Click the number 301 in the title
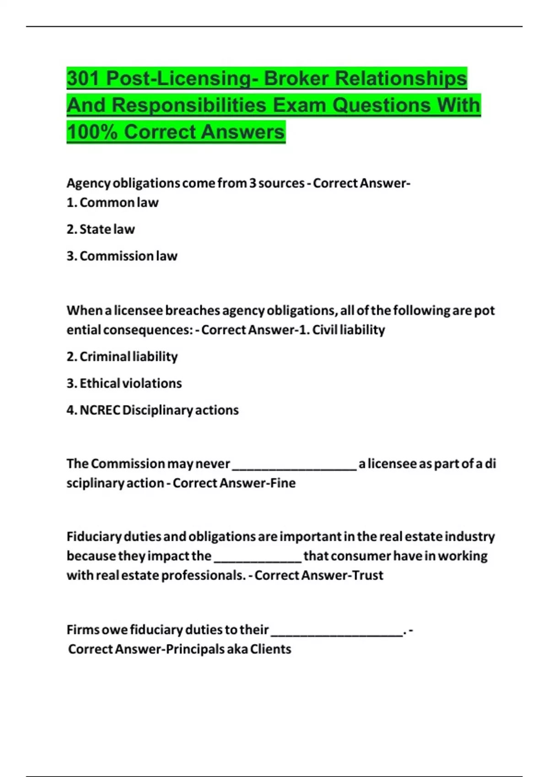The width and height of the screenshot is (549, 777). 83,78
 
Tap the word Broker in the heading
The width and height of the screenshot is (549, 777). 296,78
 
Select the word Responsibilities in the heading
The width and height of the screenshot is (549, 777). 189,105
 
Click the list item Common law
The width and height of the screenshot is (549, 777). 119,202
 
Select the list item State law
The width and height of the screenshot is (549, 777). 107,229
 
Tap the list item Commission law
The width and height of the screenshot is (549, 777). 128,256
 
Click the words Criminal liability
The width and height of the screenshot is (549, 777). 129,357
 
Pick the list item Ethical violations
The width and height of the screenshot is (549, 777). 130,383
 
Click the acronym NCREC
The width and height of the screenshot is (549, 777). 99,410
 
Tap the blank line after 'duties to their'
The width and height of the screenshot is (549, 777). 337,633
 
